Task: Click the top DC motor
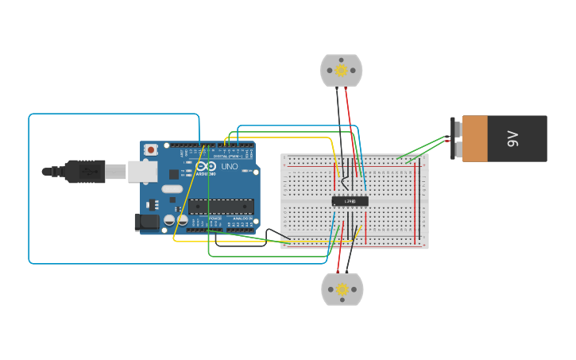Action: [341, 71]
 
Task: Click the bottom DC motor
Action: [342, 290]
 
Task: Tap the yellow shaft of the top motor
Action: [342, 70]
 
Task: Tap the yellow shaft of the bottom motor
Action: [342, 290]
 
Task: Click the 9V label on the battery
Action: [512, 139]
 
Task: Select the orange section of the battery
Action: [475, 139]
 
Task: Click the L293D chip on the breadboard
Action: [350, 201]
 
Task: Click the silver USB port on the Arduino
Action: [141, 171]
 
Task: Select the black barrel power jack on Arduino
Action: [147, 223]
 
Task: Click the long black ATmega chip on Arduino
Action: [221, 206]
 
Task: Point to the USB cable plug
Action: [83, 171]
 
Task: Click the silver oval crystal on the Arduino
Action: [172, 189]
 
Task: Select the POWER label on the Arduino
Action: [215, 219]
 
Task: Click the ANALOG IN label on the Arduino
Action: [243, 219]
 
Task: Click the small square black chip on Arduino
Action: [174, 174]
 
